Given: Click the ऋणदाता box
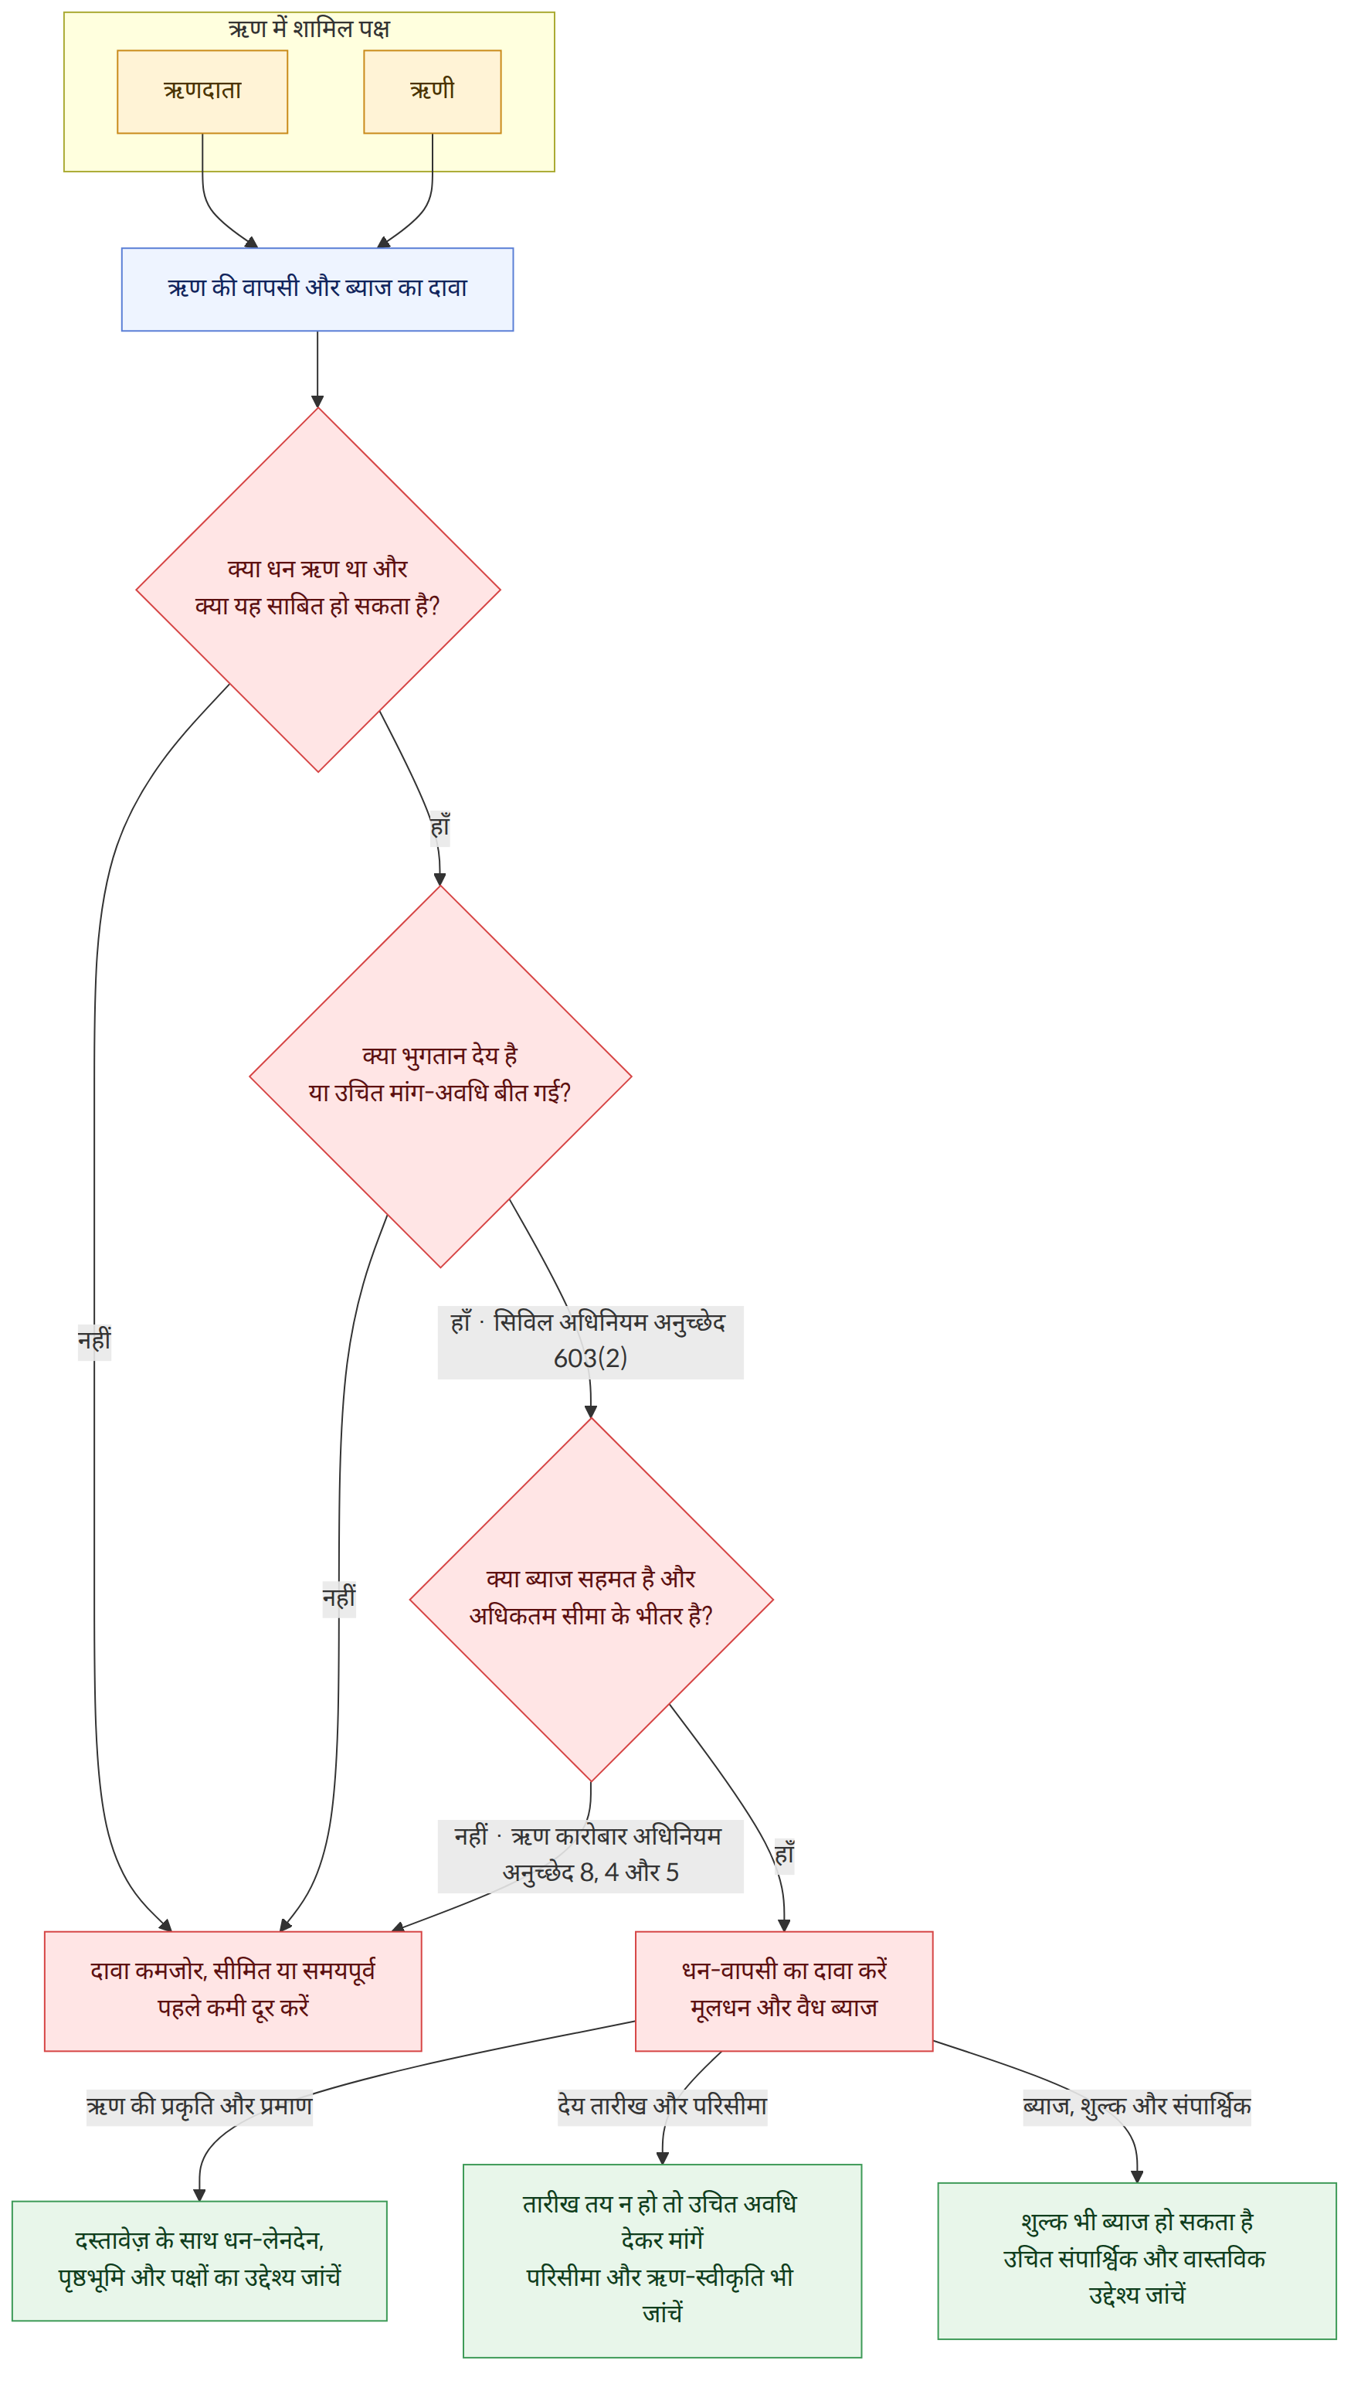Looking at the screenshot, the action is click(x=202, y=92).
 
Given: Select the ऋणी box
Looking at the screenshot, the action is click(x=432, y=92).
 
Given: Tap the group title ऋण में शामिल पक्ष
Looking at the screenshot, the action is click(x=308, y=29).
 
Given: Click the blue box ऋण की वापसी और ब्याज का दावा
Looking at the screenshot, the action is click(x=317, y=289).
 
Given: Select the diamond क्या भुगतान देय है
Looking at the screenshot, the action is click(x=440, y=1076).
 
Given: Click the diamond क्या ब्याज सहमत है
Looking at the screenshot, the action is click(x=591, y=1599).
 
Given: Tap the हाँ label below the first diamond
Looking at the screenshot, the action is click(x=440, y=828).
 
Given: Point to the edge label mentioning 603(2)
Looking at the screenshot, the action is click(x=590, y=1341).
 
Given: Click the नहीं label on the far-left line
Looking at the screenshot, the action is click(x=93, y=1341).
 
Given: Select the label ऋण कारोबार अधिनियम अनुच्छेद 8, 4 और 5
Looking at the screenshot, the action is click(x=590, y=1855).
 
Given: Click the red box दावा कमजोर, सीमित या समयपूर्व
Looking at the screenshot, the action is click(x=232, y=1991).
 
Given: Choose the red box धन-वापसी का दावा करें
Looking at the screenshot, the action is click(x=783, y=1991).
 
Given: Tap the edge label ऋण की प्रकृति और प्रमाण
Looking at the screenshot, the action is click(x=199, y=2107).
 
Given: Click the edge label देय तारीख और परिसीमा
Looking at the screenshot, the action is click(x=662, y=2107).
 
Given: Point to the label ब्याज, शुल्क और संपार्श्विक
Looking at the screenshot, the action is click(x=1137, y=2107).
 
